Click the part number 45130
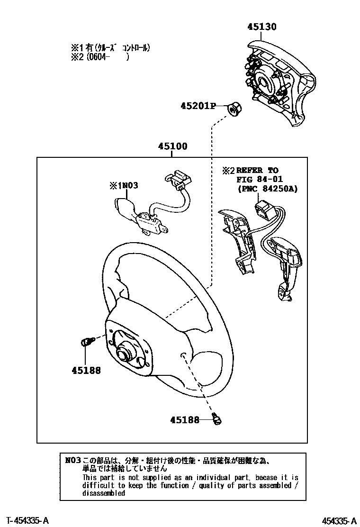(x=261, y=27)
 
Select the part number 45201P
(x=197, y=106)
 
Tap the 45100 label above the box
(x=172, y=146)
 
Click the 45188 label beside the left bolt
(x=86, y=371)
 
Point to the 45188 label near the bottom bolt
(x=185, y=419)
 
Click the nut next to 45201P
(x=233, y=109)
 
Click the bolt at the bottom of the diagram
(x=218, y=419)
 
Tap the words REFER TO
(x=257, y=170)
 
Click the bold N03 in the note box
(x=73, y=460)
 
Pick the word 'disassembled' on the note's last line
(x=104, y=493)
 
